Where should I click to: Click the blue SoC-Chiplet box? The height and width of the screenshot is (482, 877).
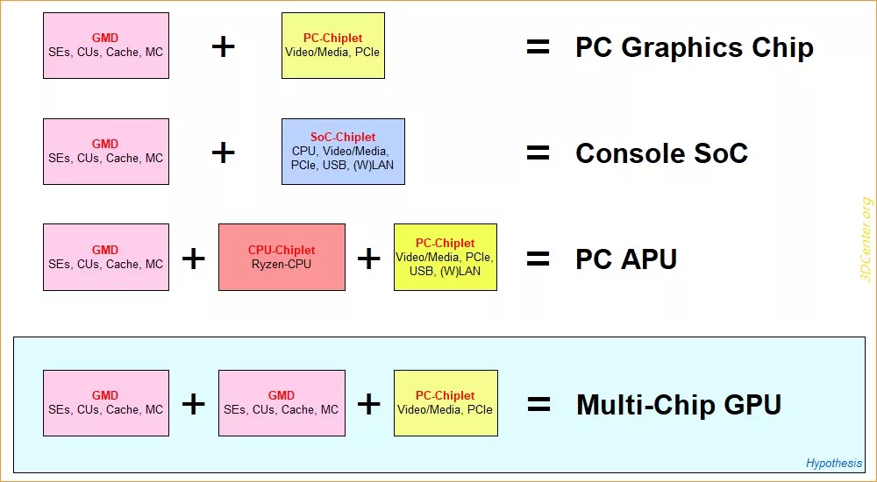click(x=343, y=152)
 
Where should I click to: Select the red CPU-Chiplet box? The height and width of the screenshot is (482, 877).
click(x=282, y=258)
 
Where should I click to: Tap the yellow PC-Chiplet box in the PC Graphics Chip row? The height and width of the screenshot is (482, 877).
click(x=332, y=46)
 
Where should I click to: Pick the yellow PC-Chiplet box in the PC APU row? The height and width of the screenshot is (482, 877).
click(x=446, y=258)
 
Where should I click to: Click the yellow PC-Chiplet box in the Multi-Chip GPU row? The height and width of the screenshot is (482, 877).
click(x=446, y=403)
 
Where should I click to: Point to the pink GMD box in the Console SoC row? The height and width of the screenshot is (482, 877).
click(x=106, y=152)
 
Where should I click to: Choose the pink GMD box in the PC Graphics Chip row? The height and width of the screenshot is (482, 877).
click(x=106, y=46)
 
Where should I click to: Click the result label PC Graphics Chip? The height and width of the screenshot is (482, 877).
click(x=694, y=47)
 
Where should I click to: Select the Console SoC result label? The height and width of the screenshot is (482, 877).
click(x=661, y=152)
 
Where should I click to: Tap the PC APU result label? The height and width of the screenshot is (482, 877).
click(x=626, y=259)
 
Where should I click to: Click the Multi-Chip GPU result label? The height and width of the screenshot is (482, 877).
click(x=679, y=404)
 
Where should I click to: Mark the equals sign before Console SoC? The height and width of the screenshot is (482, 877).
click(x=538, y=152)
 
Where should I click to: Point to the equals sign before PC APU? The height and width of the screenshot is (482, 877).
click(x=538, y=259)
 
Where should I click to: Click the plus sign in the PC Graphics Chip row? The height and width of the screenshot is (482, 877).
click(x=223, y=46)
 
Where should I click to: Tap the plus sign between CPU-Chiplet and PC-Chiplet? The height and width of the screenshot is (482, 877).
click(x=369, y=259)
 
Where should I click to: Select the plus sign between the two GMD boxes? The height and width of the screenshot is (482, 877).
click(x=194, y=404)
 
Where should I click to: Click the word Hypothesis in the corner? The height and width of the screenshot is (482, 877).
click(x=834, y=463)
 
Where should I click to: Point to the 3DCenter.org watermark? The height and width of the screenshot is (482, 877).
click(x=867, y=239)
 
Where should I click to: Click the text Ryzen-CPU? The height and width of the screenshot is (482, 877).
click(x=282, y=265)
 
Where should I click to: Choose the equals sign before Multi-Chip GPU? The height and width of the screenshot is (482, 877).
click(x=538, y=404)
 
